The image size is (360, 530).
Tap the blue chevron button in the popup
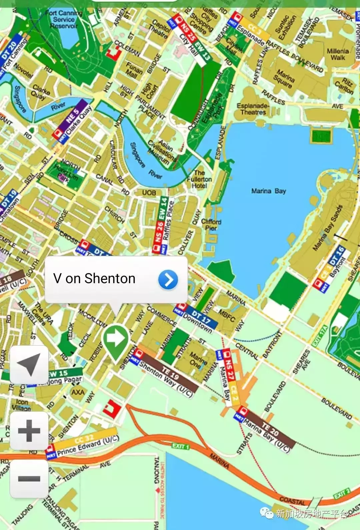pyautogui.click(x=168, y=280)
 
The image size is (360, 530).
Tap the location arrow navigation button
pyautogui.click(x=29, y=365)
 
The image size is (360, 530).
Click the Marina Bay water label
pyautogui.click(x=268, y=191)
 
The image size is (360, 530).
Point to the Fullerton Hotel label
pyautogui.click(x=199, y=179)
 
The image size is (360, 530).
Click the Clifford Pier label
pyautogui.click(x=211, y=224)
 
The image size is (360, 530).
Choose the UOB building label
pyautogui.click(x=149, y=192)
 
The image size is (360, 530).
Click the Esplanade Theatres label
pyautogui.click(x=253, y=109)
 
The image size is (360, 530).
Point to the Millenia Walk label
pyautogui.click(x=338, y=54)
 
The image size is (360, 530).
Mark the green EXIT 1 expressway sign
pyautogui.click(x=180, y=446)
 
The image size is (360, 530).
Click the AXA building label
pyautogui.click(x=78, y=392)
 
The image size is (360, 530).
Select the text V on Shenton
pyautogui.click(x=94, y=279)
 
